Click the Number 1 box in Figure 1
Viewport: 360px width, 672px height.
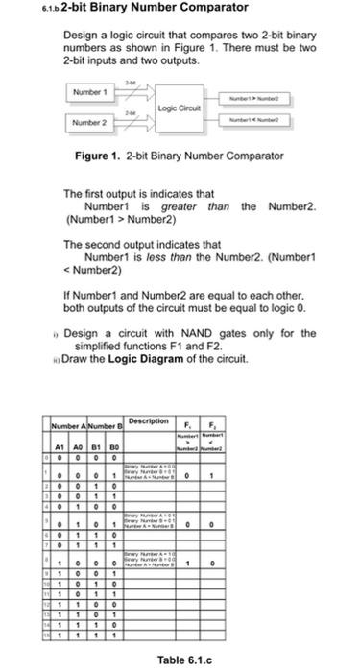click(x=88, y=92)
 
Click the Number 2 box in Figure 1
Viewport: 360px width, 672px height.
click(x=88, y=123)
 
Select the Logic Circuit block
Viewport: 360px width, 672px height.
click(x=179, y=108)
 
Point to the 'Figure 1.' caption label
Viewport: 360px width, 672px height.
click(x=96, y=156)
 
